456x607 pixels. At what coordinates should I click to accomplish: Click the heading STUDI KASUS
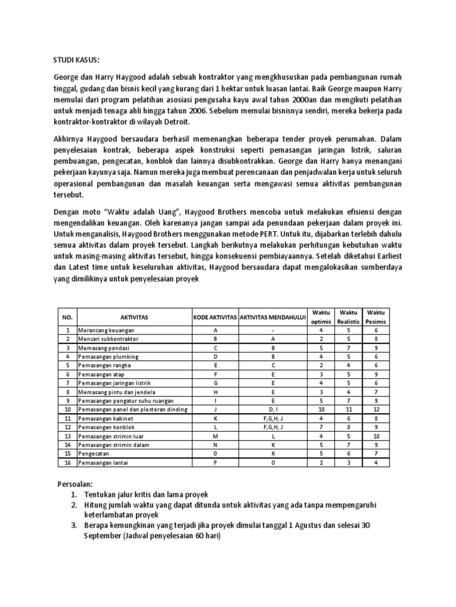77,60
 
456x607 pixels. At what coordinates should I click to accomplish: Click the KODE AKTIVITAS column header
214,318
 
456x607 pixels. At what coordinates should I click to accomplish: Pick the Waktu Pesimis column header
376,318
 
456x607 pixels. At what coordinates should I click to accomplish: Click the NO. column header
67,318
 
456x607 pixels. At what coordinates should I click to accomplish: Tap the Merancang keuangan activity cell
106,330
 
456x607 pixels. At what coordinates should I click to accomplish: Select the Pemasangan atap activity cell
102,374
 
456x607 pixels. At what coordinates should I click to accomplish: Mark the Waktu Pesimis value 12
376,410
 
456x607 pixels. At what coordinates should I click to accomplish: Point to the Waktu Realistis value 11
348,410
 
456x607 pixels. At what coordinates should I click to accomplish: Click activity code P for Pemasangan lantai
214,462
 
